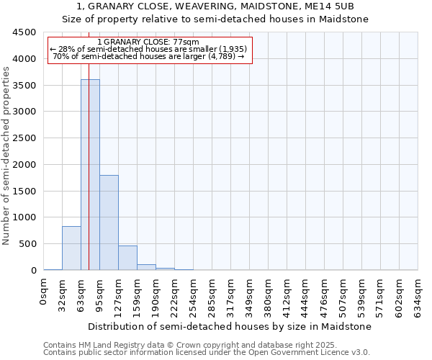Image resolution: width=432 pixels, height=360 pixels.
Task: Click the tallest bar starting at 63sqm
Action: click(90, 175)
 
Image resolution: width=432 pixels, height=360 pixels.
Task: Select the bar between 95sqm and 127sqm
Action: click(109, 222)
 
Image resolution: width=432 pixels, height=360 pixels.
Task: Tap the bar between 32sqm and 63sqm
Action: click(71, 248)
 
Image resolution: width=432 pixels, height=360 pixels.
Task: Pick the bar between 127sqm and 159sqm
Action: click(127, 258)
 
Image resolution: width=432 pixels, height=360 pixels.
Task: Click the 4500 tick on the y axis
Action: click(23, 32)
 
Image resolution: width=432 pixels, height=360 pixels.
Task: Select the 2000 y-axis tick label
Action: click(23, 165)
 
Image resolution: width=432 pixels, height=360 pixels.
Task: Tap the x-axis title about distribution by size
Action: click(230, 326)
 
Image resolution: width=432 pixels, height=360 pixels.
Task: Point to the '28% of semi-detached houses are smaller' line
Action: click(149, 50)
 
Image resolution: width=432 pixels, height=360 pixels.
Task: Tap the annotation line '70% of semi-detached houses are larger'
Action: click(149, 57)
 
